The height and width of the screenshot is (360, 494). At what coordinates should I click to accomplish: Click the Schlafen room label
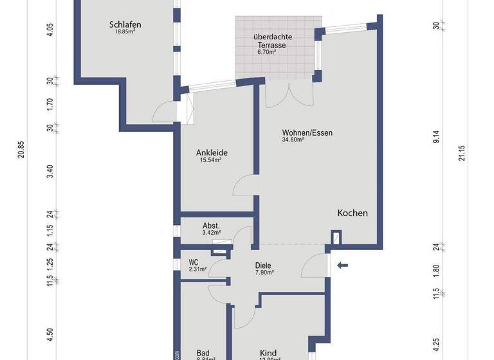(125, 25)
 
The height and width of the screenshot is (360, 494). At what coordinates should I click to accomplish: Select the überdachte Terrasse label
(273, 41)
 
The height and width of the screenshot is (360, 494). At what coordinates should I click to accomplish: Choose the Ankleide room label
(212, 153)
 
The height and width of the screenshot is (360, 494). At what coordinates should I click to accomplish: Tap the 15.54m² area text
(210, 160)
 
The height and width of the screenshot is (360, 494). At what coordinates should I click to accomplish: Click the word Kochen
(353, 213)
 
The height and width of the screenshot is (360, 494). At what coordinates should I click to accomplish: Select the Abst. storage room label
(212, 226)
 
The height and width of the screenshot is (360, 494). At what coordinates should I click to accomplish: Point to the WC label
(193, 262)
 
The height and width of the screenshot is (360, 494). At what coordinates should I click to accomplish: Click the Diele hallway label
(263, 265)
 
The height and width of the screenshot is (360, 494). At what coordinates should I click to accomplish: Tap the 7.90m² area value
(264, 273)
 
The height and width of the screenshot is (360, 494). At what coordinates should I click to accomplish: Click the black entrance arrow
(343, 264)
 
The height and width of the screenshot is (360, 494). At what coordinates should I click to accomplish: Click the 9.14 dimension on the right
(436, 136)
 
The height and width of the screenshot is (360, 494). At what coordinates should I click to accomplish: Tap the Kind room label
(268, 353)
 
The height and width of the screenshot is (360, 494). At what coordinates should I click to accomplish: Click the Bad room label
(203, 353)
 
